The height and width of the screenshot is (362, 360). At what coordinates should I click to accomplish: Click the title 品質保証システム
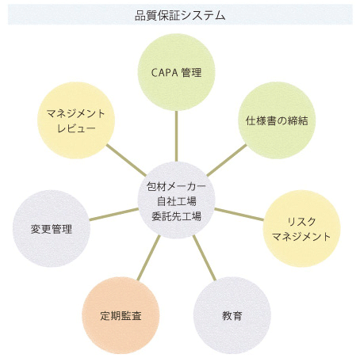(x=180, y=15)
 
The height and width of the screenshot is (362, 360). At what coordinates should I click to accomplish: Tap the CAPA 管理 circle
(x=176, y=72)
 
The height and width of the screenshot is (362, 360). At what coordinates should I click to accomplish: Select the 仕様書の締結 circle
(x=277, y=120)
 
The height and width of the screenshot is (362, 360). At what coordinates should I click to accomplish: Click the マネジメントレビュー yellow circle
(x=76, y=120)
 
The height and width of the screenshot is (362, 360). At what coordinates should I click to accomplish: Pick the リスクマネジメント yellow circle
(x=302, y=229)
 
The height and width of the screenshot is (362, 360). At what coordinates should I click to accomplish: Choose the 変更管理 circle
(x=52, y=229)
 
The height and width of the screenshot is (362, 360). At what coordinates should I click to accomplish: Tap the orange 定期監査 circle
(x=121, y=315)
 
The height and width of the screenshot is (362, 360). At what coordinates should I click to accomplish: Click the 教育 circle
(x=232, y=315)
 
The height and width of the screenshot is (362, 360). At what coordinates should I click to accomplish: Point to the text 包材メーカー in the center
(x=176, y=187)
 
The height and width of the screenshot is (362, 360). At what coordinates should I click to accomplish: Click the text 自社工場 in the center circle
(x=177, y=201)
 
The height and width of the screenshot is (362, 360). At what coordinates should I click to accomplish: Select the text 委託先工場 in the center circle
(x=177, y=216)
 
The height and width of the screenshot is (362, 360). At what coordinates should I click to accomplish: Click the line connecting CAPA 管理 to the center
(x=176, y=136)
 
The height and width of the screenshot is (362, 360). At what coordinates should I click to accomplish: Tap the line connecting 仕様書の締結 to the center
(x=227, y=160)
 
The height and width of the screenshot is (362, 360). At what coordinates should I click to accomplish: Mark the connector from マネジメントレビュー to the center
(x=126, y=160)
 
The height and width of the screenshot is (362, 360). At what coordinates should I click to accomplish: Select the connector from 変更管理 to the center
(x=114, y=214)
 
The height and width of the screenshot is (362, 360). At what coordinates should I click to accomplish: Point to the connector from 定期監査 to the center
(x=149, y=257)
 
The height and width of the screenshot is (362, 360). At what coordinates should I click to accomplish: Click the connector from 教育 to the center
(x=205, y=257)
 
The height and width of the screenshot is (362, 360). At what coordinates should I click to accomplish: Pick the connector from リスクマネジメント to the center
(x=239, y=214)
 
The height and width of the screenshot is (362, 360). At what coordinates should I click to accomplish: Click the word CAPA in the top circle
(x=165, y=73)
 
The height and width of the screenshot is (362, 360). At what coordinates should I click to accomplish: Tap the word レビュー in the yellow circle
(x=76, y=128)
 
